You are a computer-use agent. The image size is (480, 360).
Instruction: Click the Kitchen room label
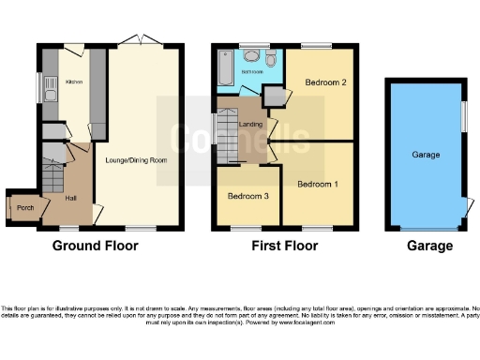point(73,82)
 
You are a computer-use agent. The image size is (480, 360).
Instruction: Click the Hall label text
point(69,198)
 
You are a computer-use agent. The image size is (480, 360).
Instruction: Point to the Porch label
point(25,208)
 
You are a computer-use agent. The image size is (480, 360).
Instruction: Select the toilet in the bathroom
point(270,62)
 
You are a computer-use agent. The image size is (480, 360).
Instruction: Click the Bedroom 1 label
point(318,184)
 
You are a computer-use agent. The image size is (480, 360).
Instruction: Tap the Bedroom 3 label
point(247,197)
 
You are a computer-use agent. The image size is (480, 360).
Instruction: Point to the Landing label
point(249,124)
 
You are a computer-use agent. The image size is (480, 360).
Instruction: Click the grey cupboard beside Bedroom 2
point(273,96)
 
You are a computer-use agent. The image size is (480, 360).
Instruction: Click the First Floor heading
point(285,247)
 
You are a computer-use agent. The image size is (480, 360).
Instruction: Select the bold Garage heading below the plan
point(429,247)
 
